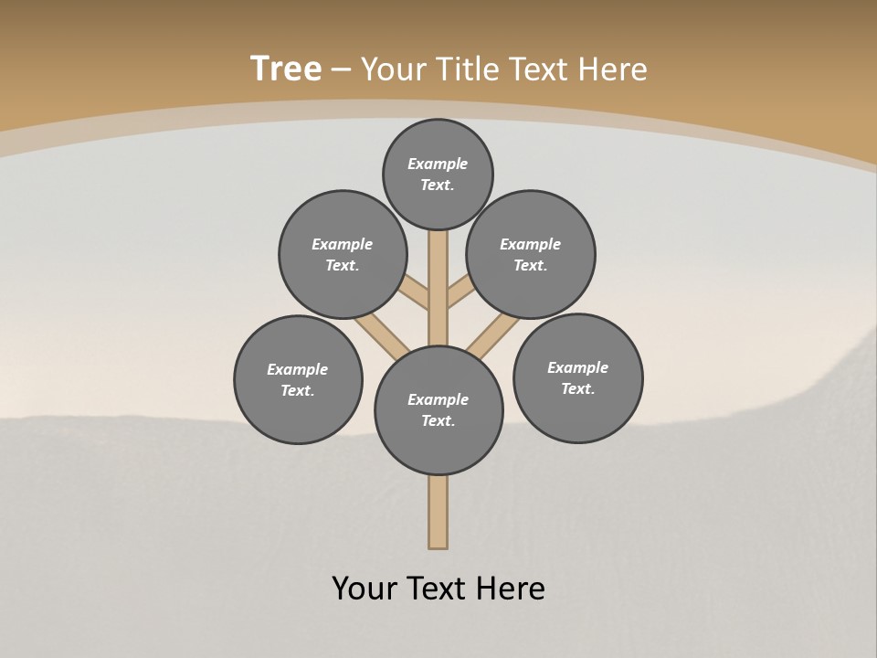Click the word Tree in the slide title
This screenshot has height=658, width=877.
286,69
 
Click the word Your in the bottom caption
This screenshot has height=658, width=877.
365,589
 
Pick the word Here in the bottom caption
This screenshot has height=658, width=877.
510,589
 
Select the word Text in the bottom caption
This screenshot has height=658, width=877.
436,589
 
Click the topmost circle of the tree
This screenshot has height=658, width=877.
438,174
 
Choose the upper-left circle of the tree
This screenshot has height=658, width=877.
343,254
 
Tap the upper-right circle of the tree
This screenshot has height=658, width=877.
531,254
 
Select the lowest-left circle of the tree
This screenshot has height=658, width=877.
298,379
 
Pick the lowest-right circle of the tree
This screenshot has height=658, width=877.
577,377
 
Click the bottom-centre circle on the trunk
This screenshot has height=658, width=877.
438,410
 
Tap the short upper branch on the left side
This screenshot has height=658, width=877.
416,292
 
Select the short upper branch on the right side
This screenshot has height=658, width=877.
460,292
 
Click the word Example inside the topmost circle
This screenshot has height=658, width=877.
438,164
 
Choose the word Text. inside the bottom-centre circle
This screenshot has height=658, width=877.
438,421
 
